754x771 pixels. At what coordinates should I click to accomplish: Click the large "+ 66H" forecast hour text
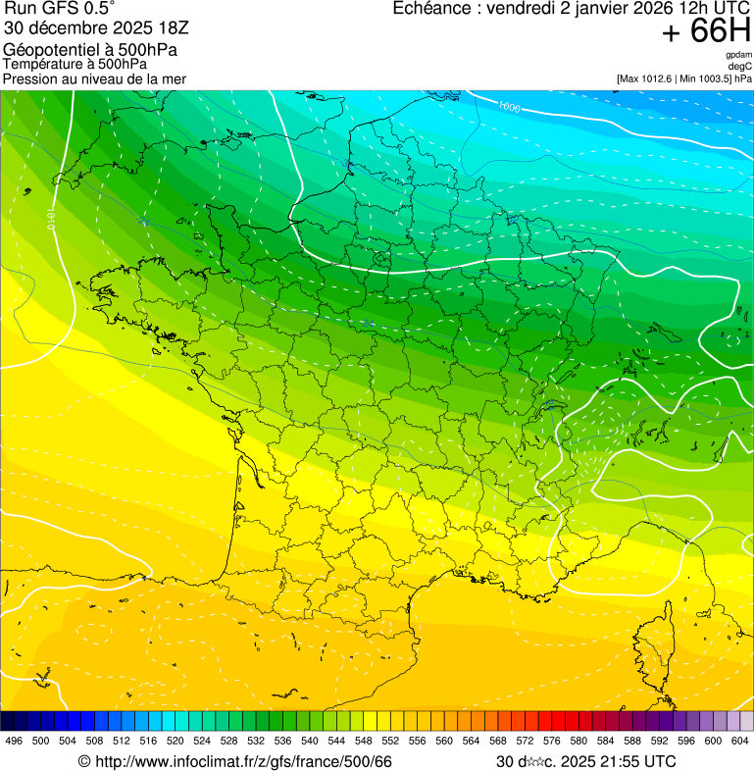706,31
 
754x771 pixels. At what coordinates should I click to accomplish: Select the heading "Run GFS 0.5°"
59,10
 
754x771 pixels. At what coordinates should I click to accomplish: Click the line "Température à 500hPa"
68,64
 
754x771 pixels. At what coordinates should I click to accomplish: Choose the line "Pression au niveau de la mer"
94,78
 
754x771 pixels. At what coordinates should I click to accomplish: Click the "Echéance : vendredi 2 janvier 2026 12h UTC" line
571,9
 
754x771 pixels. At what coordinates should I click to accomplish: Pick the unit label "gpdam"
738,55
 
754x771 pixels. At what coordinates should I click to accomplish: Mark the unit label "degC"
740,66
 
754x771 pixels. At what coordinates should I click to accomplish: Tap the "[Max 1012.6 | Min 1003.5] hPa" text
684,77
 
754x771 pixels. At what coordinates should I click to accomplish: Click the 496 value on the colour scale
14,741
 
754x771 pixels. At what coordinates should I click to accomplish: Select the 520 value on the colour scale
175,741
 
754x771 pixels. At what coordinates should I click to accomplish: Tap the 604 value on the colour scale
740,741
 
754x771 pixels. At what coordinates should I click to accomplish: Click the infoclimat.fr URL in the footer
234,761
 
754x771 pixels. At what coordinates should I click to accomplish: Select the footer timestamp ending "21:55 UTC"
585,761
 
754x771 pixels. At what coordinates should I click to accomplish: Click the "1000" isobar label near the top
509,105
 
